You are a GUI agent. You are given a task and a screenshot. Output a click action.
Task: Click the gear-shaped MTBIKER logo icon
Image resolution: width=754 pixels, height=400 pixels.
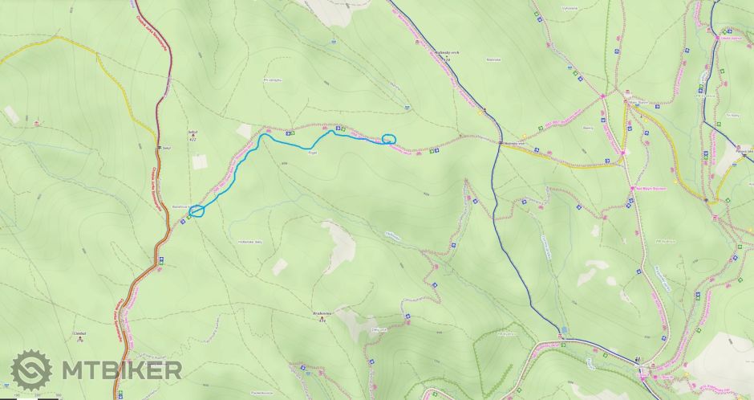(x=31, y=371)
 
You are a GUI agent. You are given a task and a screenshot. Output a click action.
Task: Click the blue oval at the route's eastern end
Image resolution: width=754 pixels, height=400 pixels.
(x=389, y=139)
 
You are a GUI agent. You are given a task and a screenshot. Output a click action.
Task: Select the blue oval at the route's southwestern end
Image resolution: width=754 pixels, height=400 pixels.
(x=197, y=211)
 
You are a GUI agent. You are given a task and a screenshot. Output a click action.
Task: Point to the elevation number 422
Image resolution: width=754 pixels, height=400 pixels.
(x=192, y=140)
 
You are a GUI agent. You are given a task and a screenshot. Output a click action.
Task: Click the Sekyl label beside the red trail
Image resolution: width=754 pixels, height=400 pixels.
(x=166, y=148)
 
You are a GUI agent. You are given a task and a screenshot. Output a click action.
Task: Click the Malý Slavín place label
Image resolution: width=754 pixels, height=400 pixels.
(x=637, y=103)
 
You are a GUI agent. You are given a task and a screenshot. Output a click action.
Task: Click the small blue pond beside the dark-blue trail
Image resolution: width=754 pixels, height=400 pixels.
(x=565, y=329)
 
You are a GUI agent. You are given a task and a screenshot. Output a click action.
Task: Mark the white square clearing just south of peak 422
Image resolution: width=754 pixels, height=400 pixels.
(x=199, y=161)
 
